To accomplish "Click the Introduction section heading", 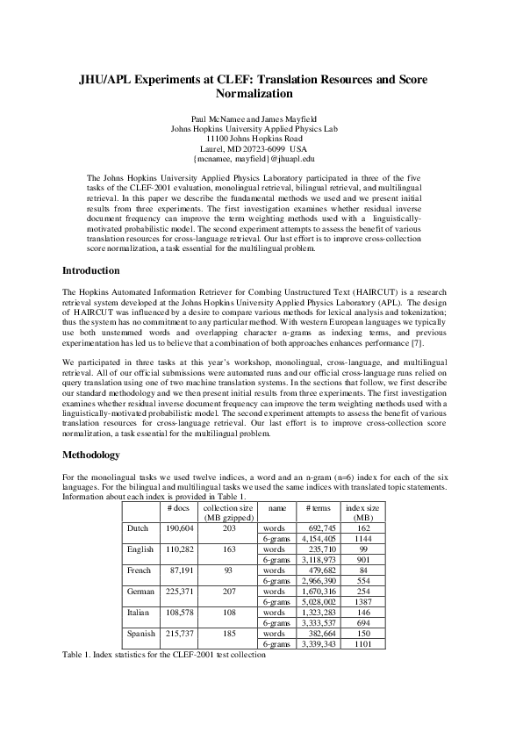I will pos(91,270).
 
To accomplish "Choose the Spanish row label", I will pos(141,633).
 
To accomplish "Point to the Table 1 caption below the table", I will pos(163,655).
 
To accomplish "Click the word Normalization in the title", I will pos(254,93).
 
